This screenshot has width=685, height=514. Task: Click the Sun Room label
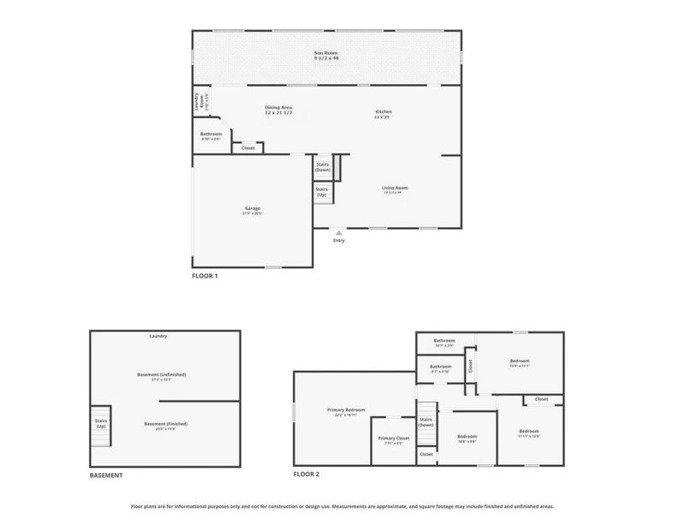click(x=325, y=56)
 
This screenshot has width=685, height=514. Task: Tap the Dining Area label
click(x=278, y=111)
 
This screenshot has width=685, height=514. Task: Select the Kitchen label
click(x=383, y=114)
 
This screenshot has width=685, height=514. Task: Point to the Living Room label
click(x=395, y=189)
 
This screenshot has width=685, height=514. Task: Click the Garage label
click(x=253, y=210)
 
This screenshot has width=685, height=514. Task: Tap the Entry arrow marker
click(x=340, y=231)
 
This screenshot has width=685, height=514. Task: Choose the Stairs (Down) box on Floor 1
click(x=323, y=167)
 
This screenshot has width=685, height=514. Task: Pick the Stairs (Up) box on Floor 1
click(x=322, y=193)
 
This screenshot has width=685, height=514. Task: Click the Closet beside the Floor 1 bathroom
click(x=248, y=148)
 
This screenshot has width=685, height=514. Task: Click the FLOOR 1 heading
click(x=205, y=277)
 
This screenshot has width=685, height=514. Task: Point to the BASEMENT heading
click(x=106, y=475)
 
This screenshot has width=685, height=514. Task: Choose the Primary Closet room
click(x=394, y=440)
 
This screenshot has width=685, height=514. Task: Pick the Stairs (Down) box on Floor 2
click(x=426, y=422)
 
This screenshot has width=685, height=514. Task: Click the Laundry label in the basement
click(x=158, y=336)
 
